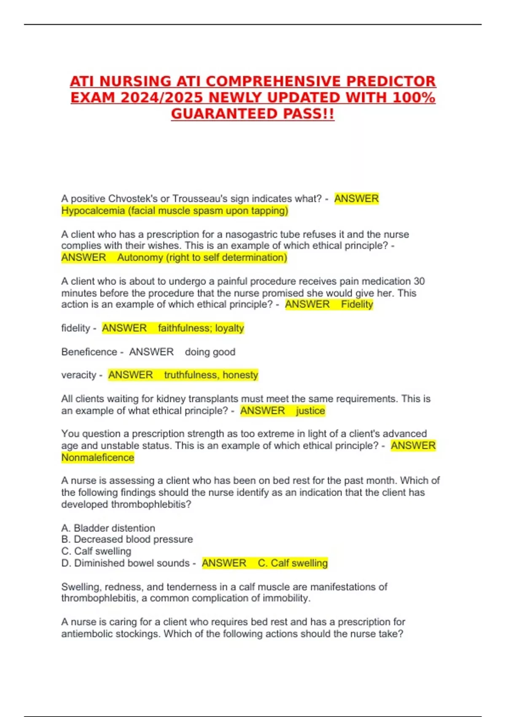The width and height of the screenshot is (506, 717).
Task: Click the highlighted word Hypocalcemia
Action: tap(93, 210)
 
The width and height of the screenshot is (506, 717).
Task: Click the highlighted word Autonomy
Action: tap(140, 257)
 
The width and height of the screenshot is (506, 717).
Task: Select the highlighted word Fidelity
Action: tap(357, 305)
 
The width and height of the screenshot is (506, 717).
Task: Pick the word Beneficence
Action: tap(89, 352)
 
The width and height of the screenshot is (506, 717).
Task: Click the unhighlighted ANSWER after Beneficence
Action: tap(151, 352)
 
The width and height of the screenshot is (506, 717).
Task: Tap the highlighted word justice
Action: tap(310, 411)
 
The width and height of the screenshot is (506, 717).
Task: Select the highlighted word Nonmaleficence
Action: tap(97, 458)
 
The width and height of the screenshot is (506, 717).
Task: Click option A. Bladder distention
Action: tap(108, 528)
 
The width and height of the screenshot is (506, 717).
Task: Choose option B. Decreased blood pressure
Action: tap(127, 539)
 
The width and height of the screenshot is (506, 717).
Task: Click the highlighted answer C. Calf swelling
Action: tap(293, 563)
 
